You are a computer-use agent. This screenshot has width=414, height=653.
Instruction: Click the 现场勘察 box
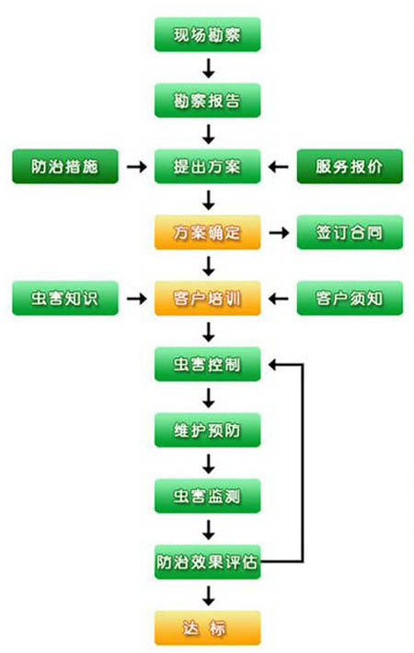207,35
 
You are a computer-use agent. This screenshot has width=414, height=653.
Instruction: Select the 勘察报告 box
207,100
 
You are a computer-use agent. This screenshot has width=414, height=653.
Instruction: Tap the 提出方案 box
207,166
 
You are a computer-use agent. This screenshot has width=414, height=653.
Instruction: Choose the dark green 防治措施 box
65,166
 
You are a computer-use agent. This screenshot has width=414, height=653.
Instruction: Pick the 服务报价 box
350,166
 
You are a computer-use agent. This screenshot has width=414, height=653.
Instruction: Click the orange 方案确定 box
207,232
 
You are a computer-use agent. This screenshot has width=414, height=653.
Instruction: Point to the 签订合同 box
350,232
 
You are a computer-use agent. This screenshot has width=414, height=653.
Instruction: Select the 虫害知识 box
65,298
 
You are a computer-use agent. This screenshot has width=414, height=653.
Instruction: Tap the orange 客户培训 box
207,298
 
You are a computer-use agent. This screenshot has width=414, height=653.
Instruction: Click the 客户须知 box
350,298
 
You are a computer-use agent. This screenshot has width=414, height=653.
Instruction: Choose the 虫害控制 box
207,365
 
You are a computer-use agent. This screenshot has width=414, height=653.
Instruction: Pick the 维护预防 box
207,430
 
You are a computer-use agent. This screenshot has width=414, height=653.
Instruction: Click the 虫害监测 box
207,496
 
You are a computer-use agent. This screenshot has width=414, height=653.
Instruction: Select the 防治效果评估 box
207,562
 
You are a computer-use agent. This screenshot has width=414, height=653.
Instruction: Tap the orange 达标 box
207,627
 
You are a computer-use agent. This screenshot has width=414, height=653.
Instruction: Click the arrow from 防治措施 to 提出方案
137,167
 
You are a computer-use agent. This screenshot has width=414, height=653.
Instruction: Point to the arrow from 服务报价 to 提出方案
279,167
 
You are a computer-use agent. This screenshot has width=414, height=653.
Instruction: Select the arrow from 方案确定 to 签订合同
279,232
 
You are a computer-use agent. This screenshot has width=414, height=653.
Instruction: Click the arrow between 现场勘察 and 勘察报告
208,68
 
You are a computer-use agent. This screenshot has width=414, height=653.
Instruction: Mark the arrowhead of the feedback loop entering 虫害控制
273,365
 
